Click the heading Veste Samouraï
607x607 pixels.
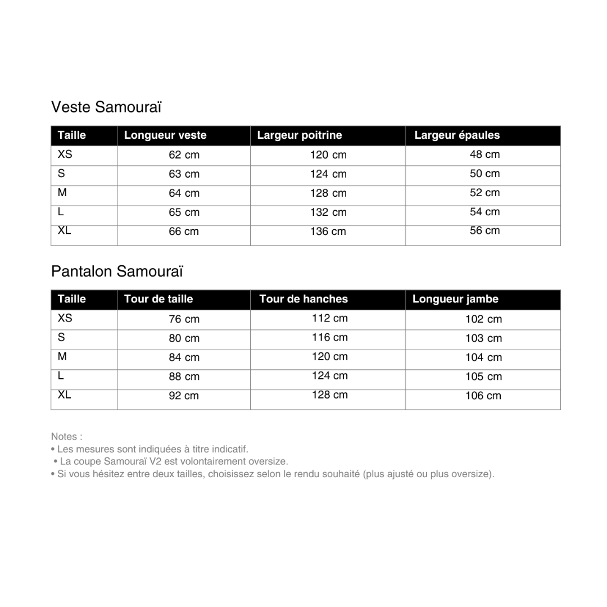point(106,107)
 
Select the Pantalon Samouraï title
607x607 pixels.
point(117,271)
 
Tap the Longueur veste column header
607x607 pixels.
point(165,135)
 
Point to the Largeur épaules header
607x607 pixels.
point(457,135)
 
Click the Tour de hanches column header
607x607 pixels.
point(303,300)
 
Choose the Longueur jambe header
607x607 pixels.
point(455,300)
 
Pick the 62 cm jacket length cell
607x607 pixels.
point(184,155)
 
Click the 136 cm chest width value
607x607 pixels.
point(328,232)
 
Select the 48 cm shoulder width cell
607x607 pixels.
point(484,155)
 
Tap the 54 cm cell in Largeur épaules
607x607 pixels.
point(484,212)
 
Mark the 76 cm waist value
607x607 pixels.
point(184,319)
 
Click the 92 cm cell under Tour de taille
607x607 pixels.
point(184,396)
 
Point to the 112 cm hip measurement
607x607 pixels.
point(330,319)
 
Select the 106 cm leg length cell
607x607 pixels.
point(483,396)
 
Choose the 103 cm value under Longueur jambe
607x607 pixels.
point(483,338)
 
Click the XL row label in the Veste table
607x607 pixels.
point(65,230)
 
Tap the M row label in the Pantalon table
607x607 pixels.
point(62,356)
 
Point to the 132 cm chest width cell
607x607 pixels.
point(328,212)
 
